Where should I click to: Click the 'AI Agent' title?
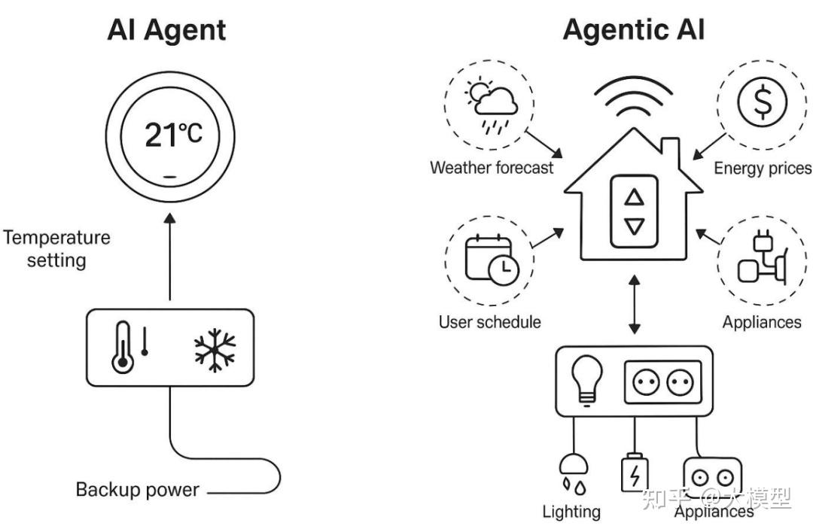[x=166, y=29]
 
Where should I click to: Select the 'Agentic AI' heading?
[x=634, y=29]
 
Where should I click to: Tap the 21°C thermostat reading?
[x=173, y=135]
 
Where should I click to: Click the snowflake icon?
[x=215, y=348]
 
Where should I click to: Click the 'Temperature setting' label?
[x=56, y=249]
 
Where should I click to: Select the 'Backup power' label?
[x=137, y=490]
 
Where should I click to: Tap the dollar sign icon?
[x=760, y=102]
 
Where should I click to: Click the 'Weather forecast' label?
[x=492, y=167]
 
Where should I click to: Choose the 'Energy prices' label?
[x=762, y=167]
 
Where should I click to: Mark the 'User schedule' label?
[x=490, y=322]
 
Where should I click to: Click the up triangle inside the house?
[x=635, y=198]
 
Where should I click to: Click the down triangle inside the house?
[x=635, y=226]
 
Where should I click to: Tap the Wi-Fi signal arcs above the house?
[x=635, y=98]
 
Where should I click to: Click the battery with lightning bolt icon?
[x=634, y=473]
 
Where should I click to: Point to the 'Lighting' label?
[x=571, y=512]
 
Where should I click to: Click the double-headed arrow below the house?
[x=635, y=305]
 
